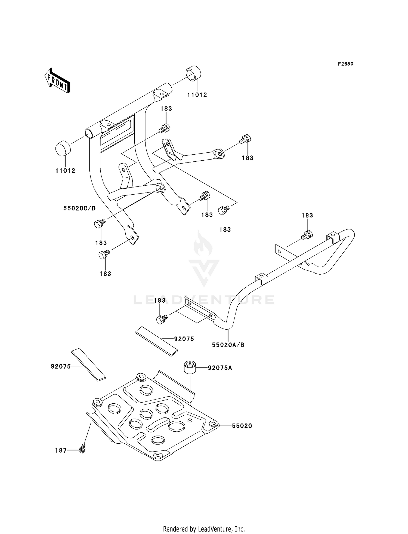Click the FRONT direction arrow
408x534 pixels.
57,81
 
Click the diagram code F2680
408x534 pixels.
346,64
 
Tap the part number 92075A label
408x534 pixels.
220,368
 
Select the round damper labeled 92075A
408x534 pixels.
190,367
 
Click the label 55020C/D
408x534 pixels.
79,208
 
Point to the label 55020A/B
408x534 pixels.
228,345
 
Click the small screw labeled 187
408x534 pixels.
82,448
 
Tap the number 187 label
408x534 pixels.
61,450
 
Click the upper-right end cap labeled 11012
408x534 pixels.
193,73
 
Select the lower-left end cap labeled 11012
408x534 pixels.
63,148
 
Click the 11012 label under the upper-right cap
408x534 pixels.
197,95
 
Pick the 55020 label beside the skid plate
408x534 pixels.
242,426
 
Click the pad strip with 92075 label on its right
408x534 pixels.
156,342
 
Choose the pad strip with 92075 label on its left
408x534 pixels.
88,364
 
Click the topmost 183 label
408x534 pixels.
166,109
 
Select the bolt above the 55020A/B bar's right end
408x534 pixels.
307,235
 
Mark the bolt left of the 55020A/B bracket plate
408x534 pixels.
162,319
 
